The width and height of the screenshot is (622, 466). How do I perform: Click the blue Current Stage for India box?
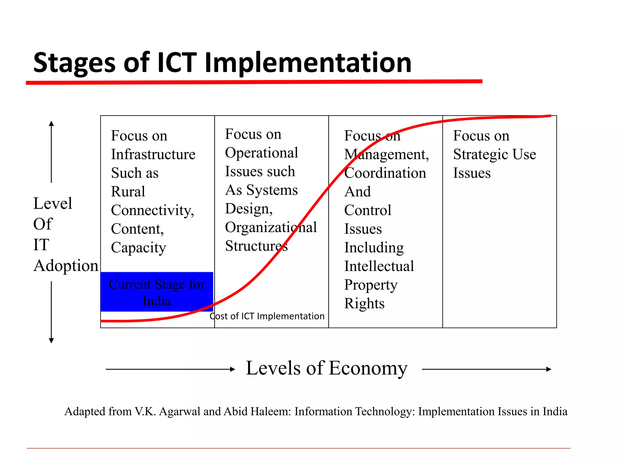pyautogui.click(x=157, y=292)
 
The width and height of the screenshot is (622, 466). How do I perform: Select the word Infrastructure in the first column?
pyautogui.click(x=153, y=154)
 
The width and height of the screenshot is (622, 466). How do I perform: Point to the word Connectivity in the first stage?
pyautogui.click(x=152, y=210)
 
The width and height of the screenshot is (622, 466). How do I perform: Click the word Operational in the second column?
pyautogui.click(x=261, y=153)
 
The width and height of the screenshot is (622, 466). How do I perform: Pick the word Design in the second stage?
pyautogui.click(x=248, y=209)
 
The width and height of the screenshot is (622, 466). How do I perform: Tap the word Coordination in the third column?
pyautogui.click(x=385, y=173)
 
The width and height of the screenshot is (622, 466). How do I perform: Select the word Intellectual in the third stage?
pyautogui.click(x=379, y=266)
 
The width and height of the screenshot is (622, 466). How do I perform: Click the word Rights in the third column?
pyautogui.click(x=364, y=303)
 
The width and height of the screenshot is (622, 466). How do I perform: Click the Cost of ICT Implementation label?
pyautogui.click(x=267, y=316)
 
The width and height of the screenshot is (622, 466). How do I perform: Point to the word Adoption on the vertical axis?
pyautogui.click(x=66, y=266)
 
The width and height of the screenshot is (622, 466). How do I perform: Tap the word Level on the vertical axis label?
pyautogui.click(x=53, y=203)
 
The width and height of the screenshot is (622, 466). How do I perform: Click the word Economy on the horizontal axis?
pyautogui.click(x=368, y=368)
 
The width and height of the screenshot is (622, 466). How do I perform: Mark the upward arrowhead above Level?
pyautogui.click(x=51, y=123)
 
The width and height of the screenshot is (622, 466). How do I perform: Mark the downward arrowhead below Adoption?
pyautogui.click(x=51, y=341)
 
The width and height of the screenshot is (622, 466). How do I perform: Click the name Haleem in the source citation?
pyautogui.click(x=272, y=412)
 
